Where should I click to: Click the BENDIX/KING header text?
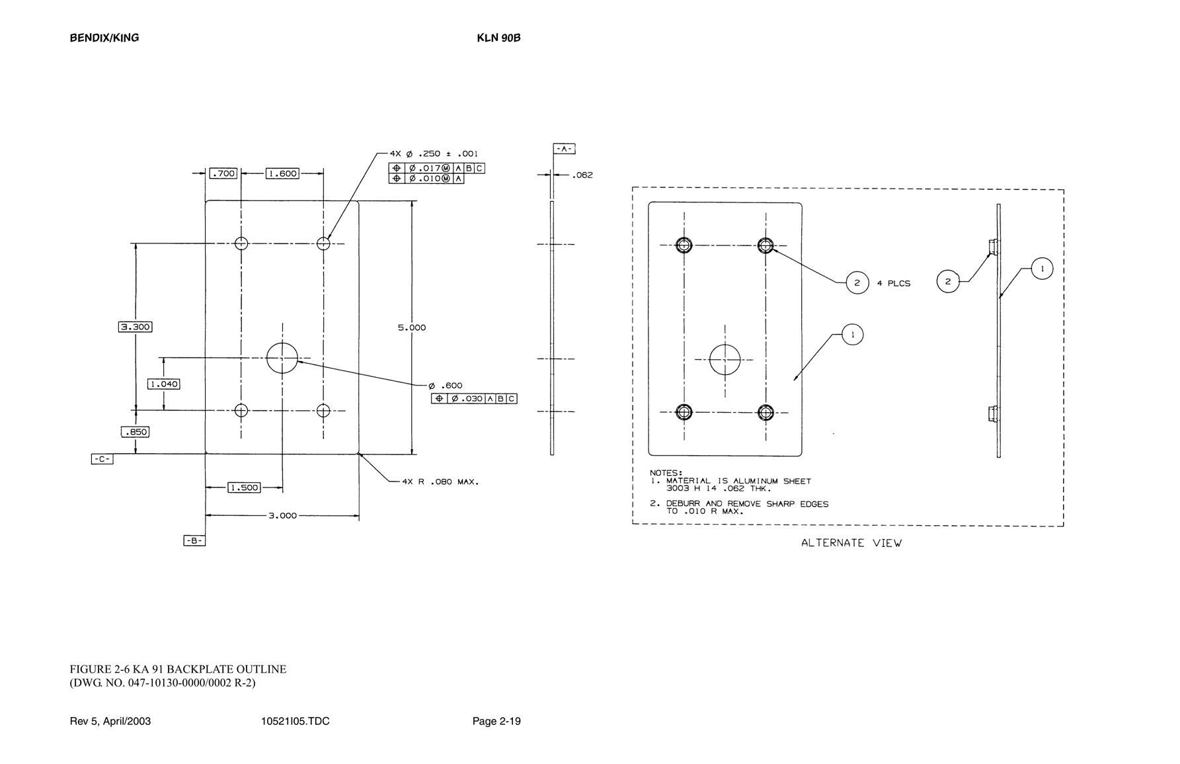click(104, 38)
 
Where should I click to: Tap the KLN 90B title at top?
click(498, 38)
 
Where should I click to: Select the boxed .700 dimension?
click(223, 173)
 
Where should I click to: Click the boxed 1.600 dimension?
click(282, 173)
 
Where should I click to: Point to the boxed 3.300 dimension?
click(135, 327)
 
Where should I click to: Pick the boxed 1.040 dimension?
click(163, 384)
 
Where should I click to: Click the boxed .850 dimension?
click(135, 432)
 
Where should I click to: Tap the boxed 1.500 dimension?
click(244, 488)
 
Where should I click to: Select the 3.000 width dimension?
click(282, 515)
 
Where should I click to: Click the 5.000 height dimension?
click(412, 327)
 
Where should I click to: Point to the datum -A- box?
click(564, 149)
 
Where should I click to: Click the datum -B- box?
click(194, 540)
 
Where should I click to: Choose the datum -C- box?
click(102, 458)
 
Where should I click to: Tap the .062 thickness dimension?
click(582, 175)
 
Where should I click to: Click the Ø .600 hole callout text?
click(446, 386)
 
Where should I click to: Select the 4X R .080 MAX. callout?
click(440, 482)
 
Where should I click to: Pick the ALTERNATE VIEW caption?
click(851, 543)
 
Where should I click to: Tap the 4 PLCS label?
click(894, 283)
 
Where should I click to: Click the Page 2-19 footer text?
click(496, 721)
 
